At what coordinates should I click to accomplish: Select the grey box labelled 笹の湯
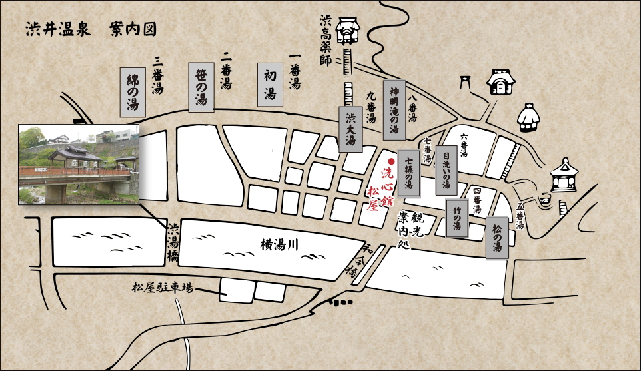point(201,87)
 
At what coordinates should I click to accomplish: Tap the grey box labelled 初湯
point(270,85)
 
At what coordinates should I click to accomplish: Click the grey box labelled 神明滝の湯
point(394,109)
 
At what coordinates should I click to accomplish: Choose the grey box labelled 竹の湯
point(457,218)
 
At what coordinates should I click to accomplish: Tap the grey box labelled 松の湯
point(497,238)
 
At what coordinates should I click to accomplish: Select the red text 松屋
point(373,198)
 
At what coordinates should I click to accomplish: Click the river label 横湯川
point(278,244)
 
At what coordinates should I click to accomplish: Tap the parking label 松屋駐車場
point(162,288)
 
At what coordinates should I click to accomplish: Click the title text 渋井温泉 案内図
point(91,30)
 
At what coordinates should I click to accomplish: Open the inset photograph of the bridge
point(78,164)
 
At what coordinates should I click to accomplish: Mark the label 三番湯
point(158,75)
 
